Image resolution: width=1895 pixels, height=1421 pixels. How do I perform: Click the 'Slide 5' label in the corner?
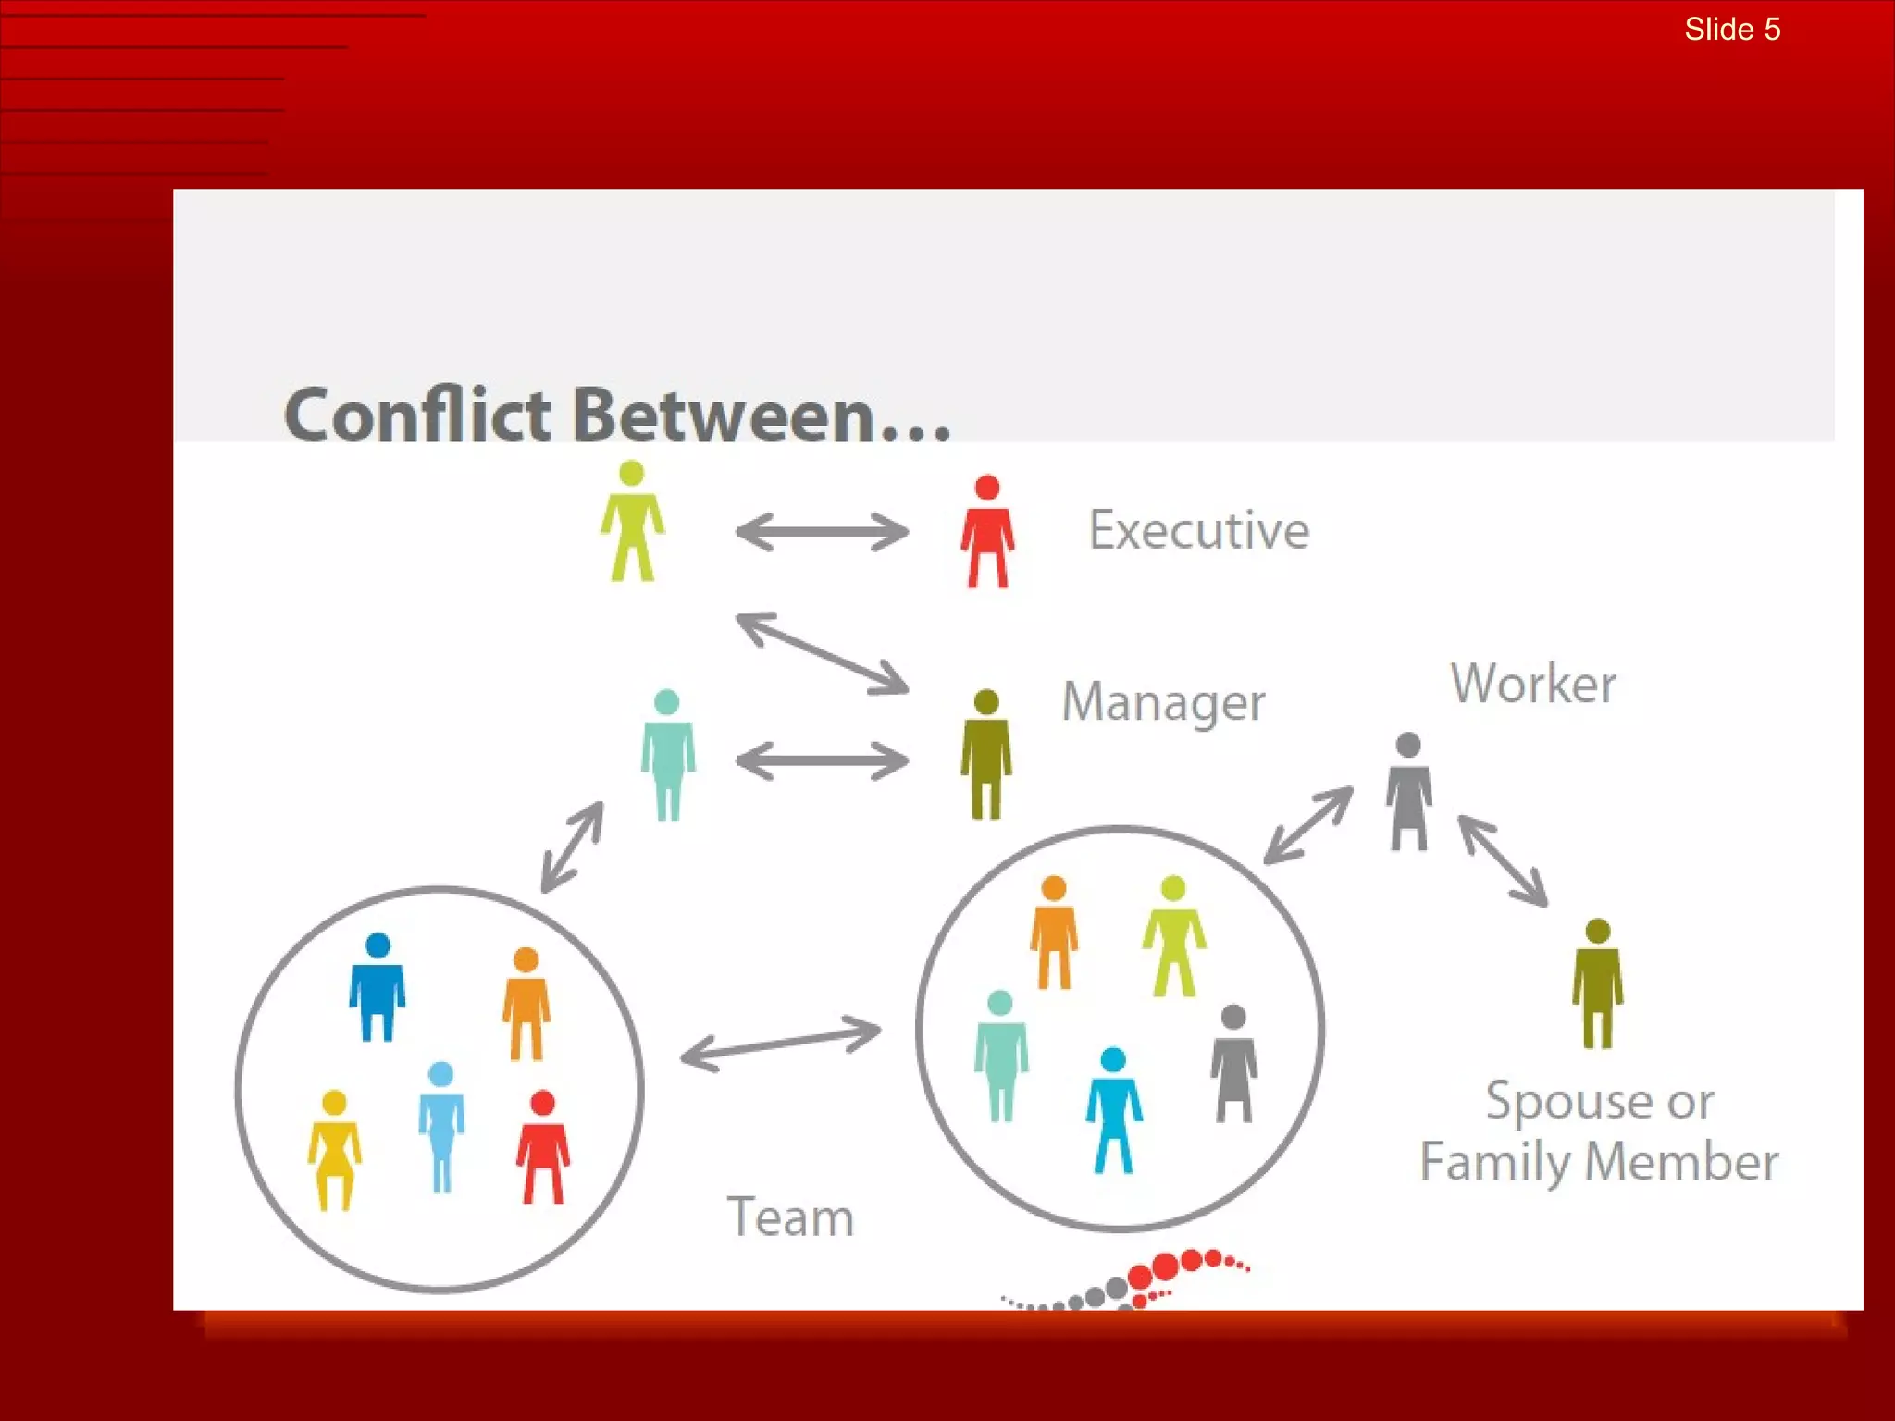pyautogui.click(x=1731, y=30)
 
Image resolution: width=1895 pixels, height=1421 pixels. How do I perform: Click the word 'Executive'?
pyautogui.click(x=1198, y=530)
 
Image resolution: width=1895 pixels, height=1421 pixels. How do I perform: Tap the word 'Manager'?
pyautogui.click(x=1163, y=701)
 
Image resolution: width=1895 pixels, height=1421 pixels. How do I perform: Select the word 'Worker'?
pyautogui.click(x=1532, y=684)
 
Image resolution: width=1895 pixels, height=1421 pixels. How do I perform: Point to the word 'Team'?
pyautogui.click(x=789, y=1217)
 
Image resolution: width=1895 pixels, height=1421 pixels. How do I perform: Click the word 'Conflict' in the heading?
pyautogui.click(x=418, y=415)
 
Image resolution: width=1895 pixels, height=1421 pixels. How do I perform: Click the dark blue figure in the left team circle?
pyautogui.click(x=378, y=987)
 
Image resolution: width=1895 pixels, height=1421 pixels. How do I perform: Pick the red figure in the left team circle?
pyautogui.click(x=543, y=1147)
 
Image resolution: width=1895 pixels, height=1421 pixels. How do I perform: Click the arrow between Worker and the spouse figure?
pyautogui.click(x=1503, y=860)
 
